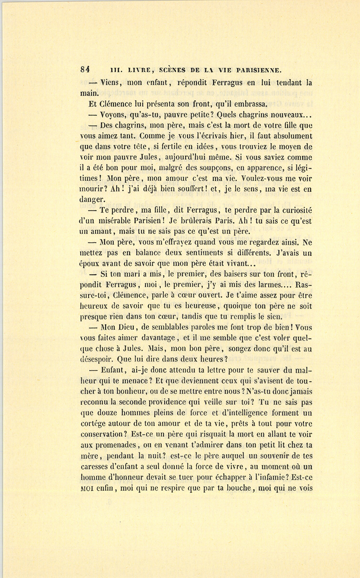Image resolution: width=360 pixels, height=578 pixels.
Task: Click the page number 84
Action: [x=84, y=68]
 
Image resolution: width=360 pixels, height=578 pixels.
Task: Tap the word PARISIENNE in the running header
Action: [x=259, y=70]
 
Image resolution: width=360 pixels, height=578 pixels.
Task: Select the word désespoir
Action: [x=97, y=359]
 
